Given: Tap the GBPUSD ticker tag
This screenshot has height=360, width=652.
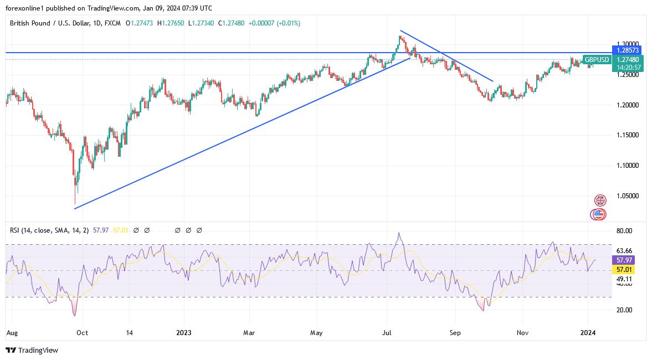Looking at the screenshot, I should coord(597,59).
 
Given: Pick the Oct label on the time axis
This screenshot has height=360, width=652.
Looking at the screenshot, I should coord(82,333).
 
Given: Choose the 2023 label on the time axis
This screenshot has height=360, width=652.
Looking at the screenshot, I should coord(183,333).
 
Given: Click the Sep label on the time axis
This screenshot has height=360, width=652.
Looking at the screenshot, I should coord(455,333).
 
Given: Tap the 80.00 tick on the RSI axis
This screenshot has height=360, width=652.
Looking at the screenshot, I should coord(624,231).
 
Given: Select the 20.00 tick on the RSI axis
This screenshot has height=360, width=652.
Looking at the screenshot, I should coord(624,310).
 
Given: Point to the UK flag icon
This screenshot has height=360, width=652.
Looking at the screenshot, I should coord(600,200).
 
